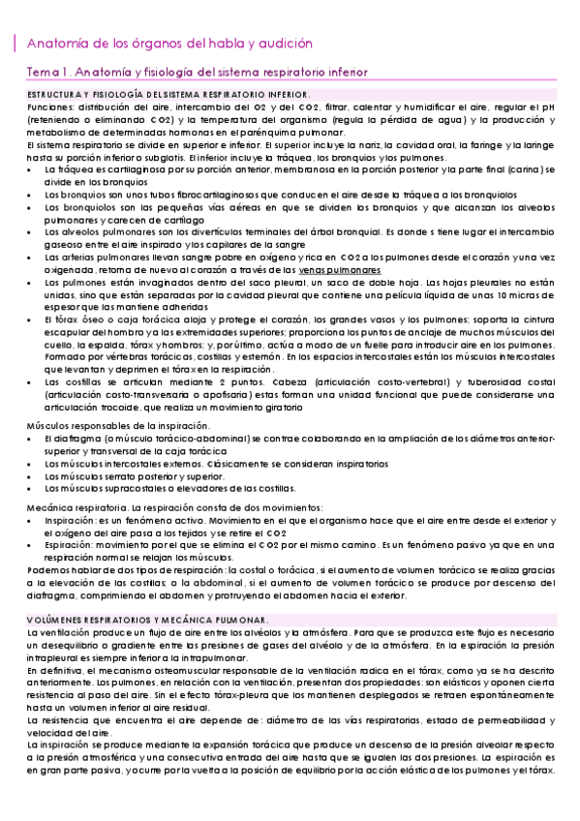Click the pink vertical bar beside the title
(14, 44)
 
